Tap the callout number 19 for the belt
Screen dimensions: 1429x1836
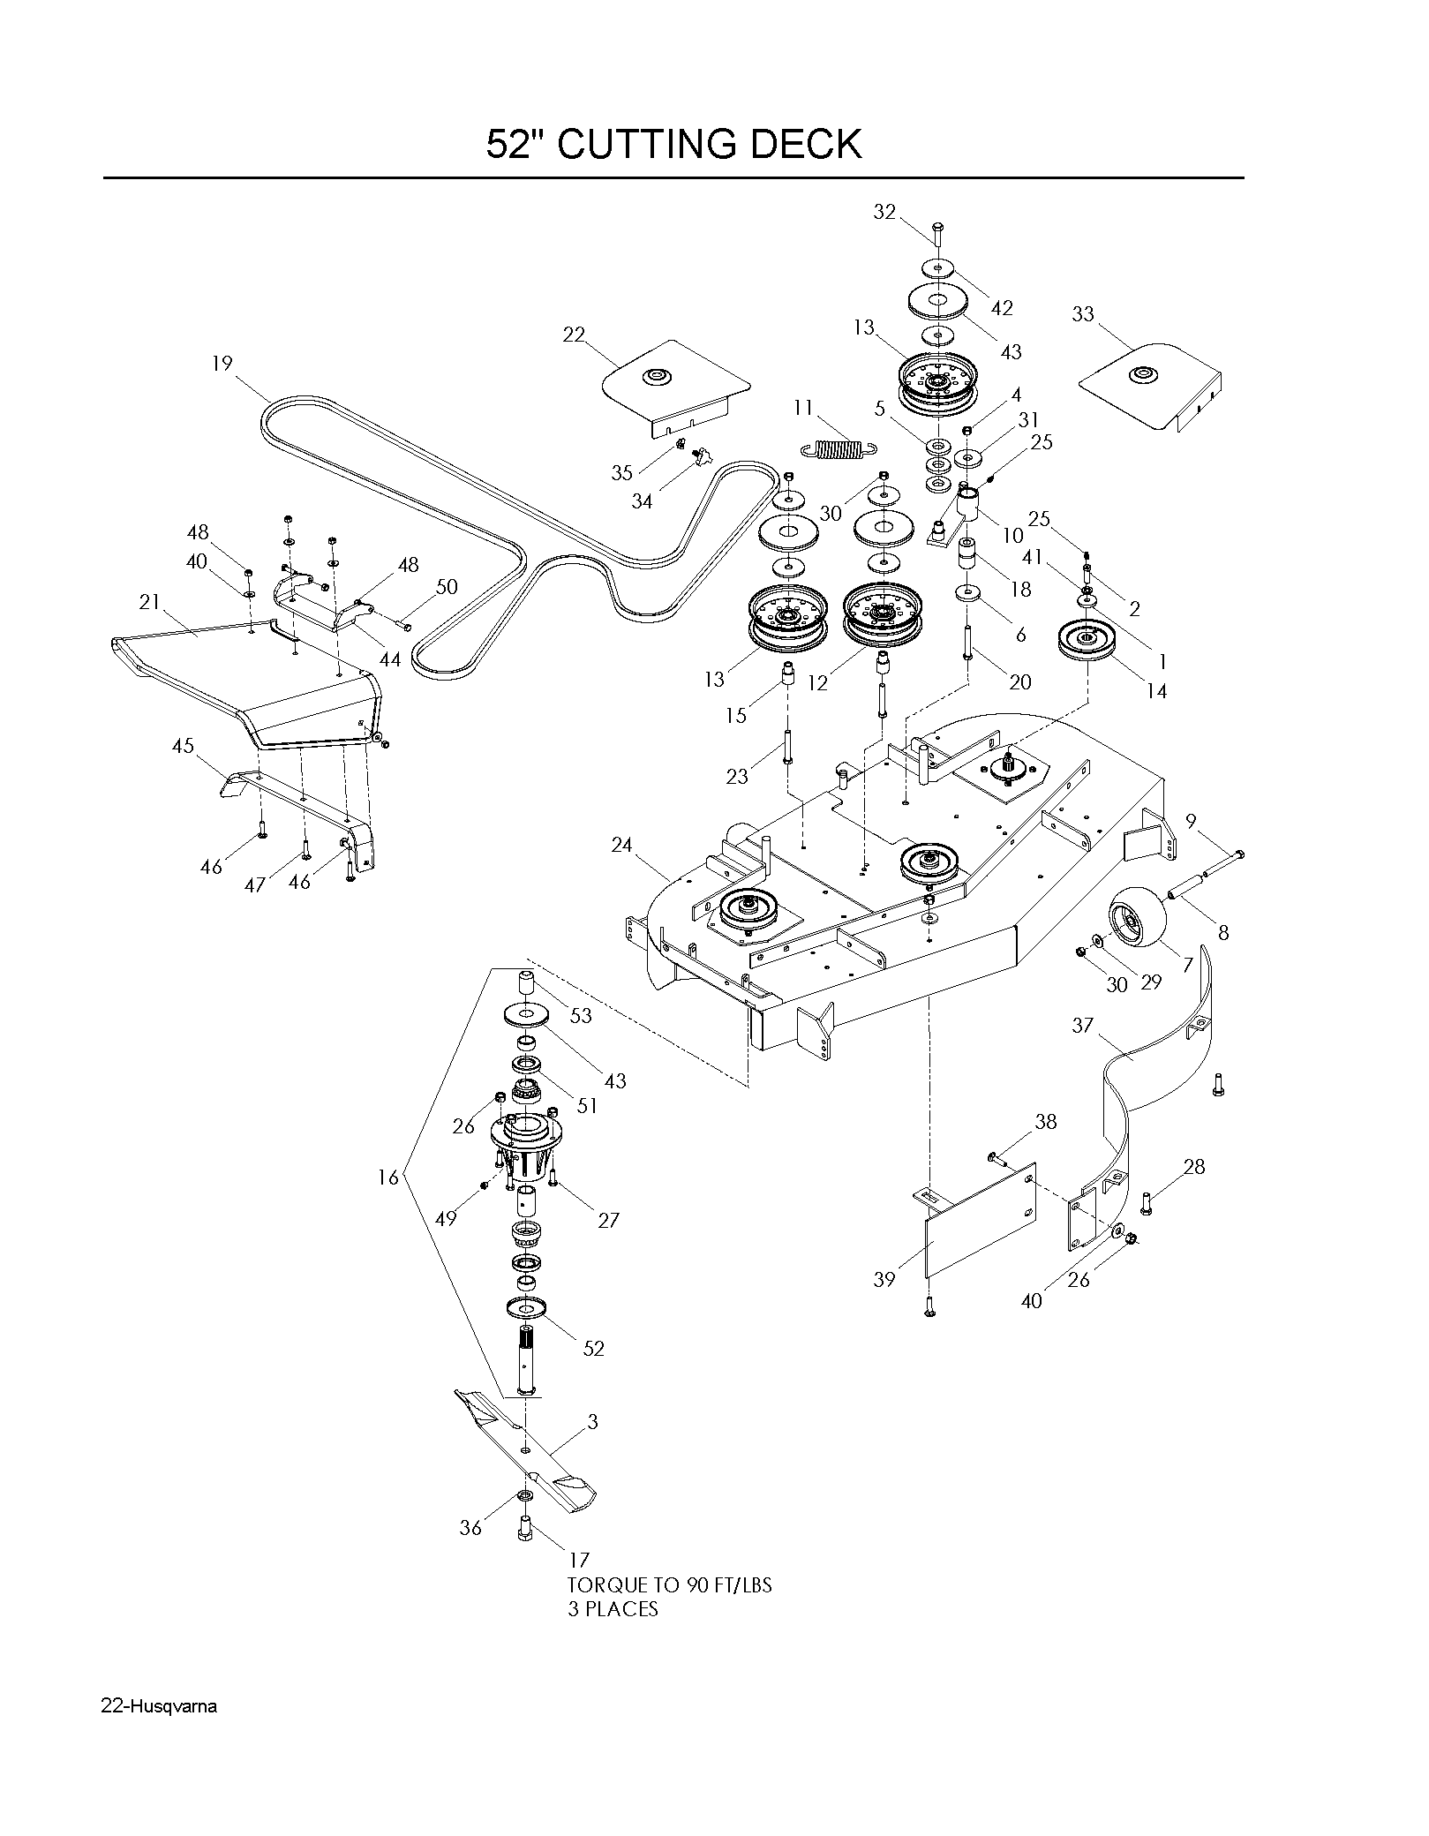(222, 364)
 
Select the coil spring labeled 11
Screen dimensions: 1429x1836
(839, 448)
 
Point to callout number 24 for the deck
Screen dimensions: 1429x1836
(622, 845)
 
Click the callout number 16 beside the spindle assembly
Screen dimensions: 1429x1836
(388, 1177)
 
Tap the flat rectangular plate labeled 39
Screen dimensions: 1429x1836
(980, 1221)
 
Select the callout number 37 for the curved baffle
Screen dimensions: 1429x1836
(1083, 1025)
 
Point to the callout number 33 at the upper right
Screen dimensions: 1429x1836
(1083, 314)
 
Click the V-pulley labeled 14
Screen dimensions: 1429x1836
(1087, 640)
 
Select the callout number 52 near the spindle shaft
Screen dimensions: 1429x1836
(594, 1348)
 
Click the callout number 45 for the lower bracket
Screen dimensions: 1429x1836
(183, 746)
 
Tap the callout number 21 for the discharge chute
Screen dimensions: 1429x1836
(150, 602)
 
